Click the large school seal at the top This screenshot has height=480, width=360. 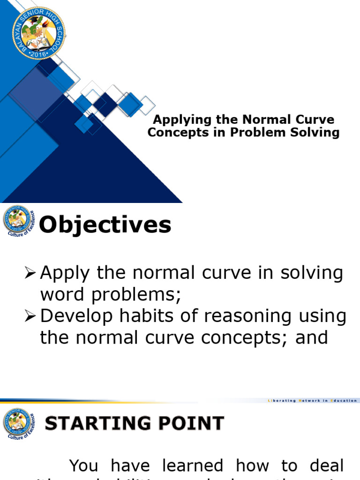[x=38, y=33]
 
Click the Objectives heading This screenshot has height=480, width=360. [x=105, y=225]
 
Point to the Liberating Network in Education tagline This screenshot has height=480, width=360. [x=312, y=401]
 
